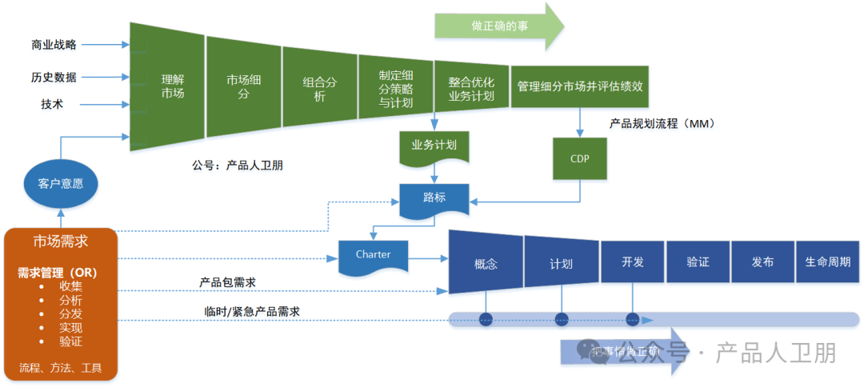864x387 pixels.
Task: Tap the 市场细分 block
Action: point(243,86)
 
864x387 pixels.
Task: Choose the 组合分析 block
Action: point(319,86)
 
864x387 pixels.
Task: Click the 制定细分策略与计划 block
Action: point(395,86)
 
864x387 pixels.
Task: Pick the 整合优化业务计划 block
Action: point(471,87)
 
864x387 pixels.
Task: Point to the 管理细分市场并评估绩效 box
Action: point(579,86)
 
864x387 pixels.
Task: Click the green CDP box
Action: point(579,158)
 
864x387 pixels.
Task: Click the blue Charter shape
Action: point(373,255)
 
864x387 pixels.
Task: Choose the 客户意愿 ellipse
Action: point(61,184)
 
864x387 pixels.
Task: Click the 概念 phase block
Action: point(486,261)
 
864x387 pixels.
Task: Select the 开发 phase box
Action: point(632,261)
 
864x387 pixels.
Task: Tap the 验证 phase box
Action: point(698,261)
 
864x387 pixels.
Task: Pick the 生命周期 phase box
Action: point(828,261)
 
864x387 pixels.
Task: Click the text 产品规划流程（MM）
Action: point(661,124)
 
